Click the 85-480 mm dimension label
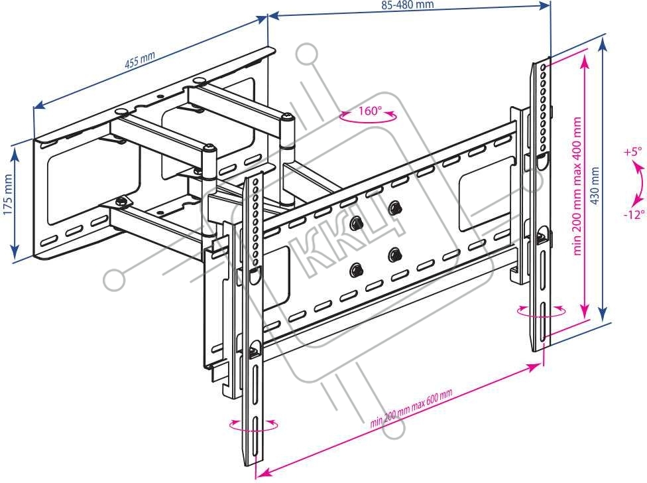(x=407, y=5)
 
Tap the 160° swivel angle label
(x=370, y=111)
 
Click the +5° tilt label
(x=633, y=152)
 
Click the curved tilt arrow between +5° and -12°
(x=638, y=182)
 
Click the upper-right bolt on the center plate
(x=394, y=207)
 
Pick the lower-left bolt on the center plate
(x=357, y=269)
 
